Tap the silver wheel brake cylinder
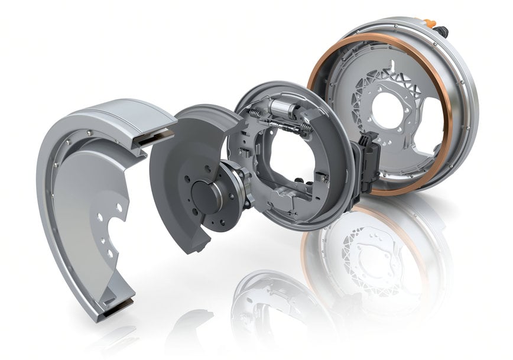coord(283,108)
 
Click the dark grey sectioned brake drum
coord(177,160)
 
